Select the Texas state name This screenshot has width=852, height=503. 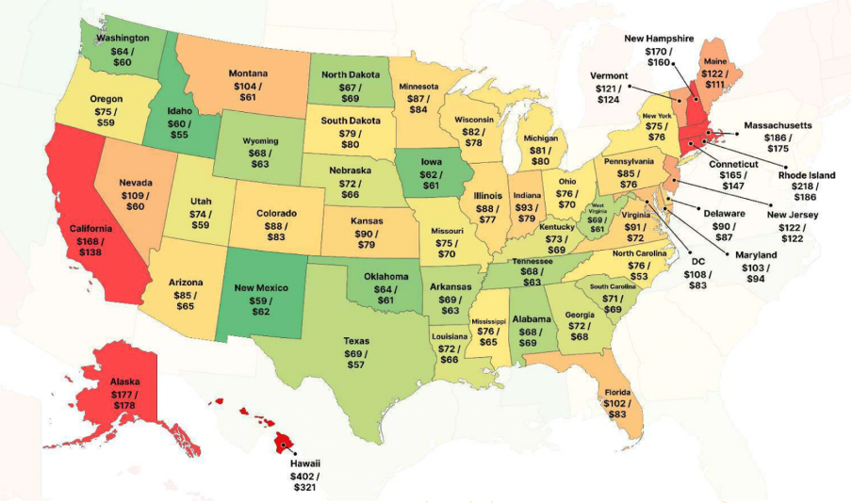(356, 341)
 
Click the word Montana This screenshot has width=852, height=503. (249, 73)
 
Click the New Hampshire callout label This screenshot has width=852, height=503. (659, 39)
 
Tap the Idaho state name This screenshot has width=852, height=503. (179, 111)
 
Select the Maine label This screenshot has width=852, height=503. (715, 61)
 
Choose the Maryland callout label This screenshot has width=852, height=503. (757, 255)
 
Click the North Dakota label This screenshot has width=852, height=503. (351, 74)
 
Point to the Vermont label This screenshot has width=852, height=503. (609, 75)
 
